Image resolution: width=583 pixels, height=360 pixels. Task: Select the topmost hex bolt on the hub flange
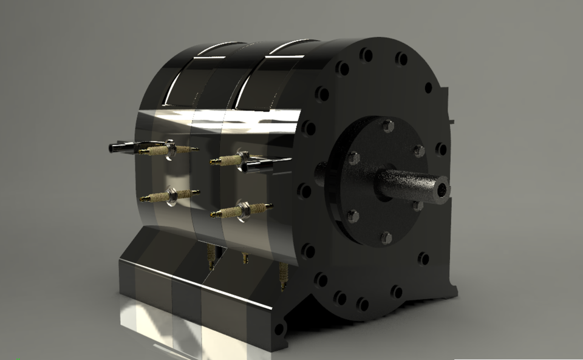pyautogui.click(x=388, y=126)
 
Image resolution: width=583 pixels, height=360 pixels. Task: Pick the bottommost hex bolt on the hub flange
pyautogui.click(x=386, y=237)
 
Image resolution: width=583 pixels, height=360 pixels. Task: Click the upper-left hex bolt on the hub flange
pyautogui.click(x=353, y=158)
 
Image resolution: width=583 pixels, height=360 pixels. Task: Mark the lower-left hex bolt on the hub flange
pyautogui.click(x=352, y=216)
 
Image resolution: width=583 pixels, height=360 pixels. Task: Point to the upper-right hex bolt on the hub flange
pyautogui.click(x=418, y=151)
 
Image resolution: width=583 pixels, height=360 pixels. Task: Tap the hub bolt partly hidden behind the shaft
pyautogui.click(x=418, y=206)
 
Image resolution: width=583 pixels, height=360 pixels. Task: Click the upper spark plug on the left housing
pyautogui.click(x=167, y=148)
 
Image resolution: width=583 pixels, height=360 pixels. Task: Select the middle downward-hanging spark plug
pyautogui.click(x=245, y=257)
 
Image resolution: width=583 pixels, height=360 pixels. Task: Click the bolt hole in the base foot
pyautogui.click(x=279, y=328)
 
